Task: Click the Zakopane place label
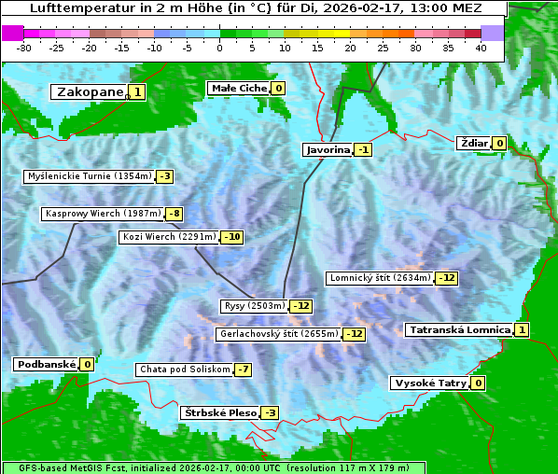tap(90, 91)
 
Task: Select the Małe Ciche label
tap(239, 88)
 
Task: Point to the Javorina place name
tap(328, 149)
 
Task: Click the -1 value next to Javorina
tap(363, 149)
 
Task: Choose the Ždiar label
tap(473, 143)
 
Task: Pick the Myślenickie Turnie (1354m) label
tap(90, 175)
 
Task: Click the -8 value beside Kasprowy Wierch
tap(174, 214)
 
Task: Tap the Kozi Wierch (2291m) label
tap(170, 237)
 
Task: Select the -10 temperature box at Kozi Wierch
tap(232, 237)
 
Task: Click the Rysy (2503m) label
tap(254, 306)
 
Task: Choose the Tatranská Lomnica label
tap(459, 329)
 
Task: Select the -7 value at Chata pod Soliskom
tap(243, 369)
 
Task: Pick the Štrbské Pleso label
tap(219, 412)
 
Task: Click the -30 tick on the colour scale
tap(25, 47)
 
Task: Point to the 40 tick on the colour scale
tap(481, 47)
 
